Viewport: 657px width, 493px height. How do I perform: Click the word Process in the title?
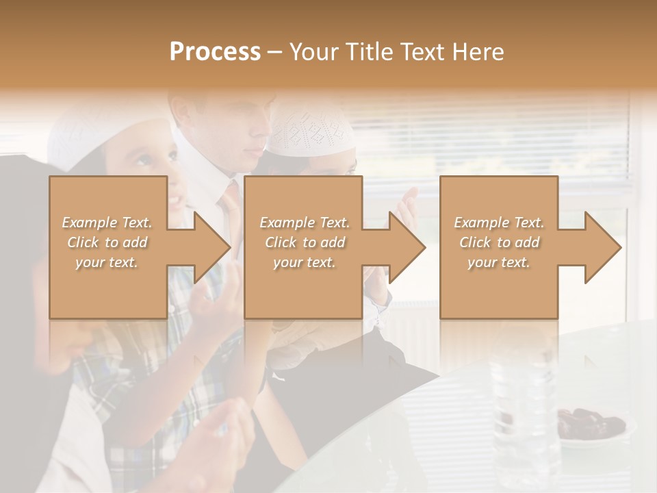(x=215, y=52)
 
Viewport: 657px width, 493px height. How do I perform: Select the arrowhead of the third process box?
(x=602, y=247)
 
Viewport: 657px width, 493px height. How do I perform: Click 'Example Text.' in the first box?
(x=107, y=223)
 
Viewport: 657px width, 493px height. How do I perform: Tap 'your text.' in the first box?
(x=107, y=262)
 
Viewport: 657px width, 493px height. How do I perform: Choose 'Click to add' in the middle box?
(x=305, y=242)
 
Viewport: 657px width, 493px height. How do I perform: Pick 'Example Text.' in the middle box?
(x=305, y=223)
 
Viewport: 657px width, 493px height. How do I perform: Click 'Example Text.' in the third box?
(x=499, y=223)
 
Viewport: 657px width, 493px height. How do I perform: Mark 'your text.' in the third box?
(x=499, y=262)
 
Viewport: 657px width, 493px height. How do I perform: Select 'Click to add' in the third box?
(x=499, y=242)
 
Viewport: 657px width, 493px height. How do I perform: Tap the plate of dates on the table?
(x=589, y=424)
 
